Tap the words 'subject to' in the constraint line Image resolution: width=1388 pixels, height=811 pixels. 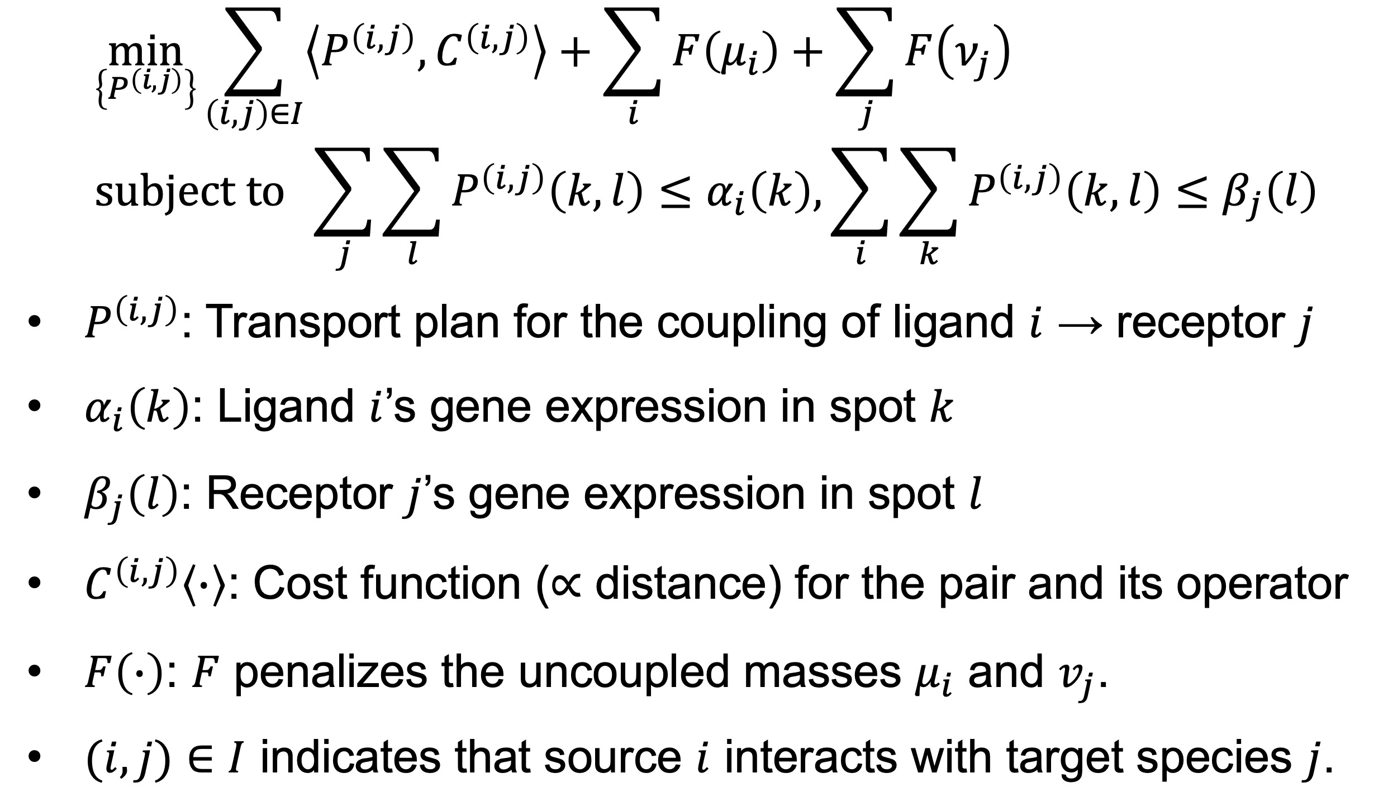pos(189,192)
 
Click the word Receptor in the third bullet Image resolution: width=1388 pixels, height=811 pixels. pos(300,494)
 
